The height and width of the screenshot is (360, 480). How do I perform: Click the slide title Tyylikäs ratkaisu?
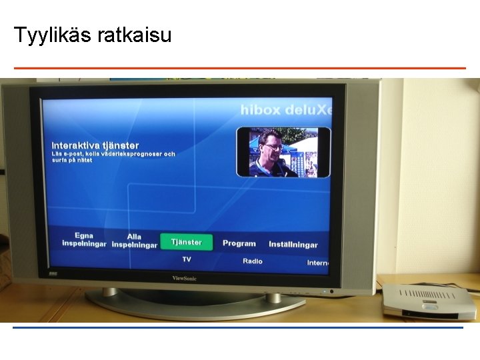[x=93, y=35]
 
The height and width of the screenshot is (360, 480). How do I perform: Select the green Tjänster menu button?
[x=186, y=242]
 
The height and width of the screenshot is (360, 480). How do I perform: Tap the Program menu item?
[x=239, y=243]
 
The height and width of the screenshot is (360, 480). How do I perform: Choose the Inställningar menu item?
[x=293, y=245]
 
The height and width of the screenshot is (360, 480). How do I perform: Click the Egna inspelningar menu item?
[x=84, y=239]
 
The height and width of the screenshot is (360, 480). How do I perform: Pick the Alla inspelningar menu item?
[x=134, y=241]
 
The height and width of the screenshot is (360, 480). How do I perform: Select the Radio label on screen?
[x=252, y=261]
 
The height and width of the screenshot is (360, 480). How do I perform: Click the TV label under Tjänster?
[x=187, y=259]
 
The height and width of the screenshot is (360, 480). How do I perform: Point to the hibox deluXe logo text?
[x=286, y=110]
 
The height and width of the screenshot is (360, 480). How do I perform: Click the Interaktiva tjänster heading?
[x=95, y=145]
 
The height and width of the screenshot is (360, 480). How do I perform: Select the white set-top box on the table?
[x=429, y=301]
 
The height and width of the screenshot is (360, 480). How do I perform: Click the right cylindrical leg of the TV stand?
[x=273, y=297]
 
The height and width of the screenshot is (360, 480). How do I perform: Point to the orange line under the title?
[x=239, y=68]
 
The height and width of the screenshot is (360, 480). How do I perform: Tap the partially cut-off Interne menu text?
[x=318, y=263]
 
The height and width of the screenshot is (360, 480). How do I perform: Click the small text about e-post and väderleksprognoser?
[x=113, y=157]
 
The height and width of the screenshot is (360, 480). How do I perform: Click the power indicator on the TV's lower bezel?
[x=331, y=291]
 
